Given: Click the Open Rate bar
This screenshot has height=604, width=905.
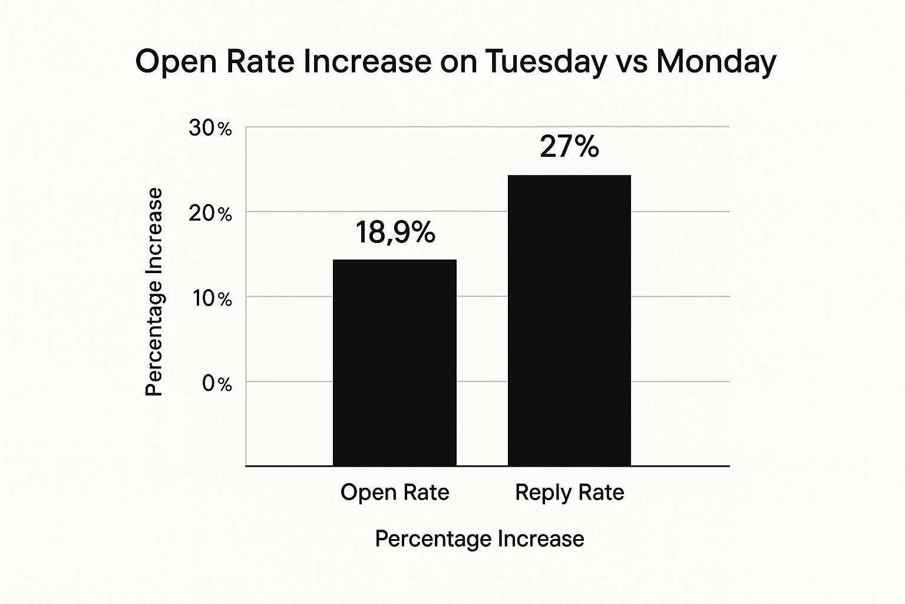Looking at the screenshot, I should click(x=394, y=362).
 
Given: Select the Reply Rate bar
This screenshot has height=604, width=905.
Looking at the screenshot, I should click(x=569, y=320).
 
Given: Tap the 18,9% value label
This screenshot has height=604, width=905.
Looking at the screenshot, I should click(x=395, y=232).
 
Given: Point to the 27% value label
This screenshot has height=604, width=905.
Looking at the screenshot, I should click(x=569, y=147).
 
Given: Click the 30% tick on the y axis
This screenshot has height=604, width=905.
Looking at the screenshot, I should click(x=210, y=128).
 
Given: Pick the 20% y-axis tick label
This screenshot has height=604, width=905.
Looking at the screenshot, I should click(x=210, y=214).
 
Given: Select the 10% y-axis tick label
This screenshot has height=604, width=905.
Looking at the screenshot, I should click(x=212, y=298).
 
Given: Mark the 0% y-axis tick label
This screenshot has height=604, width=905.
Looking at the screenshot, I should click(x=217, y=384).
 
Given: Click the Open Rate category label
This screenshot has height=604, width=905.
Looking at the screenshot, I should click(x=395, y=493).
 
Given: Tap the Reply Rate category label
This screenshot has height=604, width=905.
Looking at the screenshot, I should click(x=569, y=493).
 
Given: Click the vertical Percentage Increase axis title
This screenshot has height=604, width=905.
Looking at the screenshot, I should click(x=154, y=292).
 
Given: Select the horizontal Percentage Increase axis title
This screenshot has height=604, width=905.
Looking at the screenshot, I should click(x=480, y=539).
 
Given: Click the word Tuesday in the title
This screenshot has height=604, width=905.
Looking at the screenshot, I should click(x=545, y=61).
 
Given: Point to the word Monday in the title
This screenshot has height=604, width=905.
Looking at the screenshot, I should click(x=716, y=61).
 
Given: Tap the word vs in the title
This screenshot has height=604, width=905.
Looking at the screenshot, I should click(x=631, y=61).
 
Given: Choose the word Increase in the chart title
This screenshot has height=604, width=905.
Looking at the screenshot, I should click(x=367, y=61).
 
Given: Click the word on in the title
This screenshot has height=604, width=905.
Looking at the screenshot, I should click(x=458, y=61).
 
